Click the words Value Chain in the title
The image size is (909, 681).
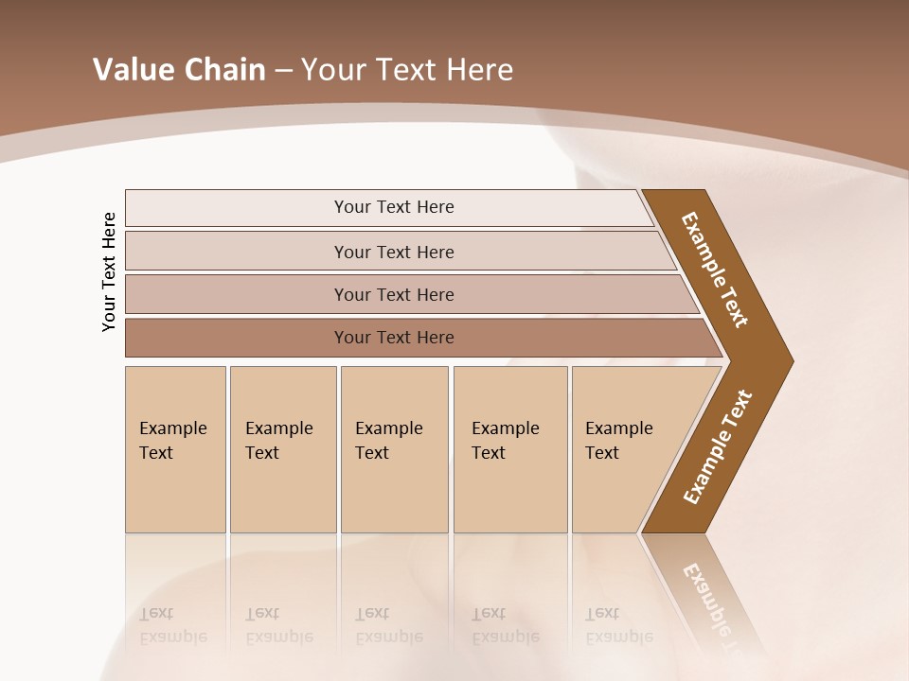pyautogui.click(x=179, y=70)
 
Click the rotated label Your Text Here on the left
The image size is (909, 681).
pyautogui.click(x=109, y=271)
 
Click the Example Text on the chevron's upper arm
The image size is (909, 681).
pyautogui.click(x=715, y=270)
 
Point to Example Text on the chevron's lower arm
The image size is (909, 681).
pyautogui.click(x=717, y=447)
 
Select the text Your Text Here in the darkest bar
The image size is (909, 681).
pyautogui.click(x=394, y=338)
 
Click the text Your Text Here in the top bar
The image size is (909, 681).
pyautogui.click(x=394, y=207)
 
